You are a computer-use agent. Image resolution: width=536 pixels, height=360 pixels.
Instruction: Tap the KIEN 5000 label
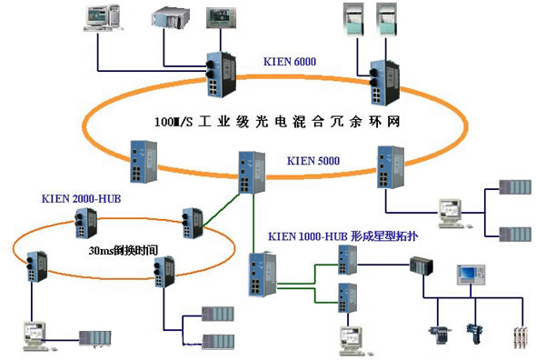tap(313, 161)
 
